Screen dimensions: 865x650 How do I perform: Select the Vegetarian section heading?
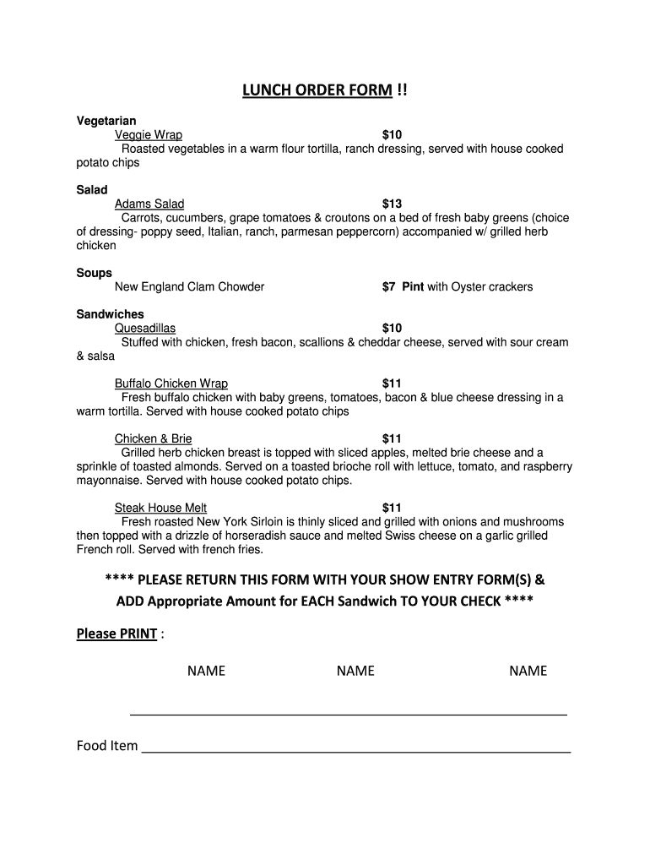coord(106,121)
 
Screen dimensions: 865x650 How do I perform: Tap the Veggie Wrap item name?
coord(149,135)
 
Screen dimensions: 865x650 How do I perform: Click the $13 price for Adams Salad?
coord(392,204)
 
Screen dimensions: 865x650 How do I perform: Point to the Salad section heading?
coord(92,190)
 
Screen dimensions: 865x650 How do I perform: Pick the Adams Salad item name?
coord(149,204)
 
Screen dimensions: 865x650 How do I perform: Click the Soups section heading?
coord(94,273)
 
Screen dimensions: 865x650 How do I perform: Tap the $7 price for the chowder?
coord(389,286)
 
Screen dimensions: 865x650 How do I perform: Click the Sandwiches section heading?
coord(111,314)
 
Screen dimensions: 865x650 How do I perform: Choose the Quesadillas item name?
coord(145,328)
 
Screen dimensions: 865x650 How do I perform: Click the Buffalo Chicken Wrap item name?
coord(171,384)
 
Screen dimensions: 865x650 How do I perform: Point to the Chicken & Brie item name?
coord(153,438)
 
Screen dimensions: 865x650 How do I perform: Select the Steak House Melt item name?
coord(160,508)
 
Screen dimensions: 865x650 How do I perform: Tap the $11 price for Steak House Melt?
coord(392,508)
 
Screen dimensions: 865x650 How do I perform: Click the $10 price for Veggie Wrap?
coord(392,135)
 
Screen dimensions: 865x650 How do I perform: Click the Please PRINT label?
coord(116,634)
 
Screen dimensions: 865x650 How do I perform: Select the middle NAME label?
coord(355,671)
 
